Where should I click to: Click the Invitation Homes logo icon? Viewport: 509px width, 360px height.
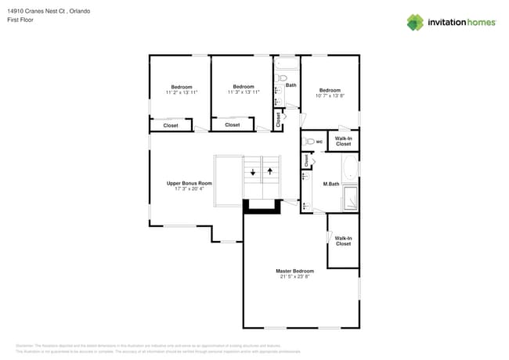click(415, 23)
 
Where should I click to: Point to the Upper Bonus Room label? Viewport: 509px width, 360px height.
click(189, 183)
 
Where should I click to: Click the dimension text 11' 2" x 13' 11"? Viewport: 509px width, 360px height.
click(181, 92)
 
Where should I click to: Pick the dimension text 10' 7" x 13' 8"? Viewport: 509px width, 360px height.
click(330, 95)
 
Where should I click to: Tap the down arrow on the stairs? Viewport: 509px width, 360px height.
click(253, 171)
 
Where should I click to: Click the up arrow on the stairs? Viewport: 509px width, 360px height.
click(270, 170)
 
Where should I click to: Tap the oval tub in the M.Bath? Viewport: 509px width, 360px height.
click(350, 167)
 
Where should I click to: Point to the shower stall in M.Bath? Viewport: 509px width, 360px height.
click(350, 199)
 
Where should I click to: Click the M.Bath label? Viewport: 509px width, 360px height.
click(330, 184)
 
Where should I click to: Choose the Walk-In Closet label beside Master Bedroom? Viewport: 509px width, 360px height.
click(343, 240)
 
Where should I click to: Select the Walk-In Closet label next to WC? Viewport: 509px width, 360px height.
click(343, 142)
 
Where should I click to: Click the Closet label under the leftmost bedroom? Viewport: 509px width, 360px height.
click(170, 125)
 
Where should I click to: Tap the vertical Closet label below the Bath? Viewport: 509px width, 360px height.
click(277, 119)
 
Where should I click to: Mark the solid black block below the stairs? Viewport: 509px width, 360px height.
click(261, 206)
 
